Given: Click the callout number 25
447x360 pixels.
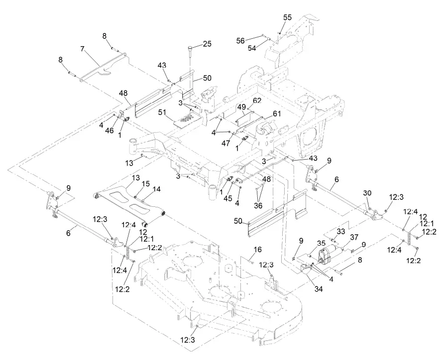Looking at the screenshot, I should [x=207, y=44].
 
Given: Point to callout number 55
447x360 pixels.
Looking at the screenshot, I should [x=288, y=17].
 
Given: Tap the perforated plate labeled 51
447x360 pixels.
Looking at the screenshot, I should [x=186, y=118].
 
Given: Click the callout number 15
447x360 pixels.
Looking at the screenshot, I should [x=145, y=184].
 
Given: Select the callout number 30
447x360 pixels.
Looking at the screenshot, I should [x=367, y=193].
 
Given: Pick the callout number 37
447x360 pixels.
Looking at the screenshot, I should [x=354, y=237].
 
